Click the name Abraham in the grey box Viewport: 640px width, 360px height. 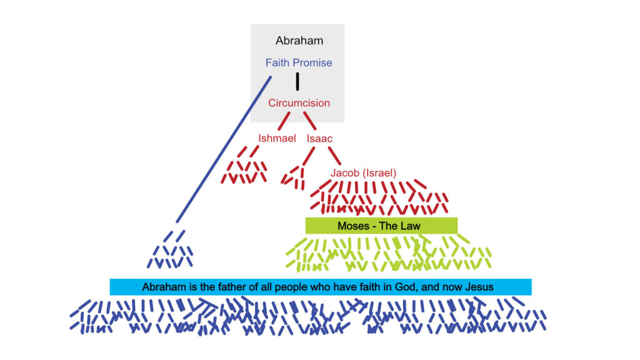click(299, 41)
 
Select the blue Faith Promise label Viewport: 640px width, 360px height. click(299, 62)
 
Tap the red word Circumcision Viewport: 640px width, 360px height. click(299, 103)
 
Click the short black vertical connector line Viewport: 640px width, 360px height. click(297, 81)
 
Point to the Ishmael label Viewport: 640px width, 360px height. click(277, 138)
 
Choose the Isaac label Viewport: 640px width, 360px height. click(319, 139)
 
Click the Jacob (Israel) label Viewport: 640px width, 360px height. click(363, 173)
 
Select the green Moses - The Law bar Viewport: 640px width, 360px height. click(382, 226)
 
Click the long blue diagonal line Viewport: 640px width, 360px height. click(224, 149)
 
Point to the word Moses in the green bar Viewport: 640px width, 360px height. click(354, 226)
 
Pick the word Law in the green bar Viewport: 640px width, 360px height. click(410, 226)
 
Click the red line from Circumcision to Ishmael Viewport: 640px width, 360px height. click(284, 121)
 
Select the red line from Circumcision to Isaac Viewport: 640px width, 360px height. click(310, 121)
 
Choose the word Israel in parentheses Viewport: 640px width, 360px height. click(380, 173)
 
